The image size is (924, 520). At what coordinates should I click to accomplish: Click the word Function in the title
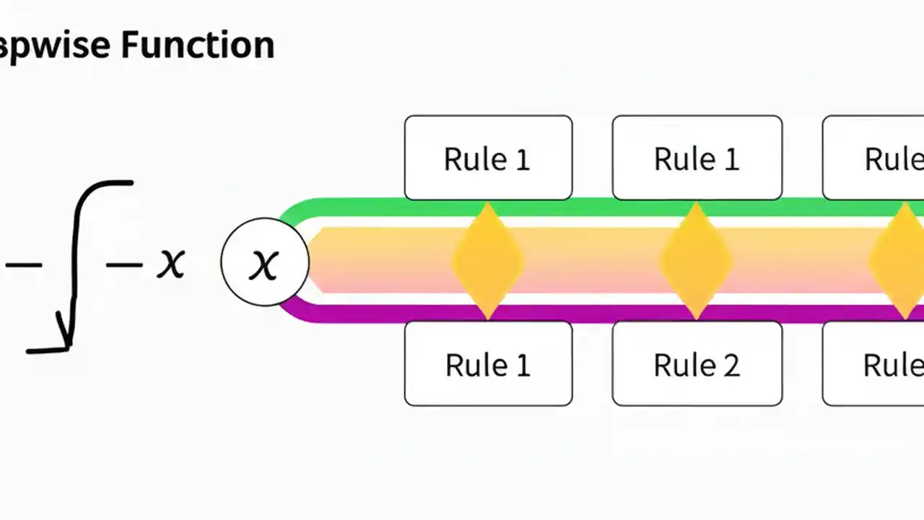tap(197, 45)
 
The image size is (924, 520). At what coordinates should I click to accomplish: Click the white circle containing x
tap(265, 262)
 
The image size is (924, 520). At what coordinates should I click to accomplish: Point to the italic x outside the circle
tap(171, 262)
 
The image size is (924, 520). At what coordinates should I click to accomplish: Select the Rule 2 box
tap(697, 364)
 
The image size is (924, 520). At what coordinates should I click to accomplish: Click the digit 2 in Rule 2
tap(731, 365)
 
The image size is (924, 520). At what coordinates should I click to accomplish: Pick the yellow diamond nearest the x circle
tap(487, 261)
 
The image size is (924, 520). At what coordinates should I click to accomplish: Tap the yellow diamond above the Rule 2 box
tap(696, 261)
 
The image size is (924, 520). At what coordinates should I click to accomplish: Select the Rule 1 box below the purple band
tap(488, 364)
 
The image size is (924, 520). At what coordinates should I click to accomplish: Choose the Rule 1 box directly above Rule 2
tap(697, 157)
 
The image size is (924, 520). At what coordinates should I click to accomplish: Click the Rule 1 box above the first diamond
tap(488, 157)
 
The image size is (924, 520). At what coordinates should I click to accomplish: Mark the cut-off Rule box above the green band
tap(877, 157)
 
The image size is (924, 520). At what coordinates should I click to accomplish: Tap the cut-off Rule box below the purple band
tap(877, 364)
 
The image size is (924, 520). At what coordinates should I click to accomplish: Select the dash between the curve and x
tap(124, 265)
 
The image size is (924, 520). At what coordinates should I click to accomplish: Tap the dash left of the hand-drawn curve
tap(23, 265)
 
